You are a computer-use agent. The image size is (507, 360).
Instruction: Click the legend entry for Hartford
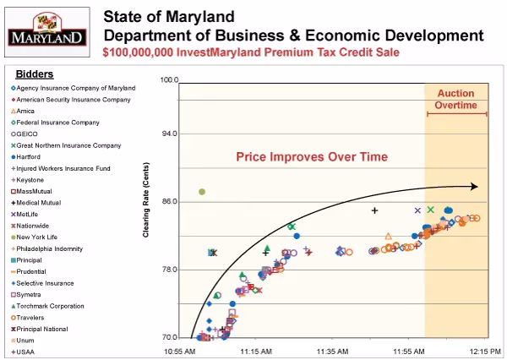pyautogui.click(x=31, y=156)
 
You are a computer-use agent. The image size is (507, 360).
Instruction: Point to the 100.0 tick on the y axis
pyautogui.click(x=169, y=81)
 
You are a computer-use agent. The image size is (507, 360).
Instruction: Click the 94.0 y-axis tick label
pyautogui.click(x=169, y=134)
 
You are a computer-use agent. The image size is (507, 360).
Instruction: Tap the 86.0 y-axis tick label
pyautogui.click(x=169, y=202)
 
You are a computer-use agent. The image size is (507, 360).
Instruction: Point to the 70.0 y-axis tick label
pyautogui.click(x=169, y=338)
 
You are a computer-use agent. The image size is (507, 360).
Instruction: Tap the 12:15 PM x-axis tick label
pyautogui.click(x=485, y=350)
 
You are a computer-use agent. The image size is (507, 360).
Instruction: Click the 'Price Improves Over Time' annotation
pyautogui.click(x=312, y=156)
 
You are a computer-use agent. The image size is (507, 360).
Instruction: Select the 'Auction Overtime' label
pyautogui.click(x=455, y=99)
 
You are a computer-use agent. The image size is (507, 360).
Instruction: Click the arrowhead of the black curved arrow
pyautogui.click(x=475, y=187)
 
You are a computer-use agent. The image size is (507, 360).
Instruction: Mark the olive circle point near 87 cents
pyautogui.click(x=202, y=192)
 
